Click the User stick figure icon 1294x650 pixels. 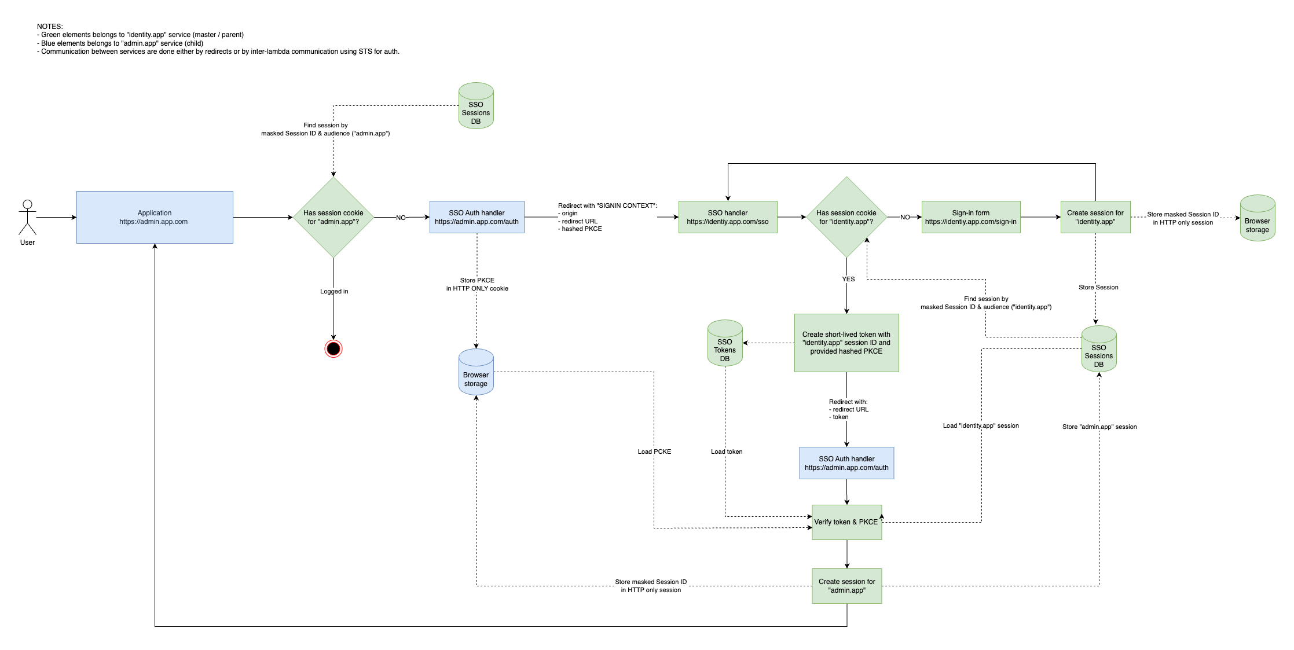27,218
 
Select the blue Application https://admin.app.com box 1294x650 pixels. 155,217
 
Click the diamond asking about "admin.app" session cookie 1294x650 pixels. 333,217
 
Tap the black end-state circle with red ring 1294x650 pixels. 333,348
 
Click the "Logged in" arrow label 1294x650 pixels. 334,291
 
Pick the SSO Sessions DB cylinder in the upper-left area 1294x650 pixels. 476,106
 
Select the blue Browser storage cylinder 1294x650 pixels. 476,372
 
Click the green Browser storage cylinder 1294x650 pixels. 1258,218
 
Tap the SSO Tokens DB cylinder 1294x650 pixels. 725,343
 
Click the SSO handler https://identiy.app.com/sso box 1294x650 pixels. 728,217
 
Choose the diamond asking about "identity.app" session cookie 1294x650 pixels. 846,217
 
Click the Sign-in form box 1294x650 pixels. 971,217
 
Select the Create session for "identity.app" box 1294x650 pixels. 1095,217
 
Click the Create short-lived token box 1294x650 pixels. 846,343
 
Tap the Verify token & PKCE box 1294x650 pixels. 846,522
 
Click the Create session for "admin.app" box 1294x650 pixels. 846,586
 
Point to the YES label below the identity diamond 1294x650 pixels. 848,279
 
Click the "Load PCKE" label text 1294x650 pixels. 654,451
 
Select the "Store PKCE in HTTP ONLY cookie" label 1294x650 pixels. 477,284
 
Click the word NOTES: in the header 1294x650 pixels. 50,27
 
